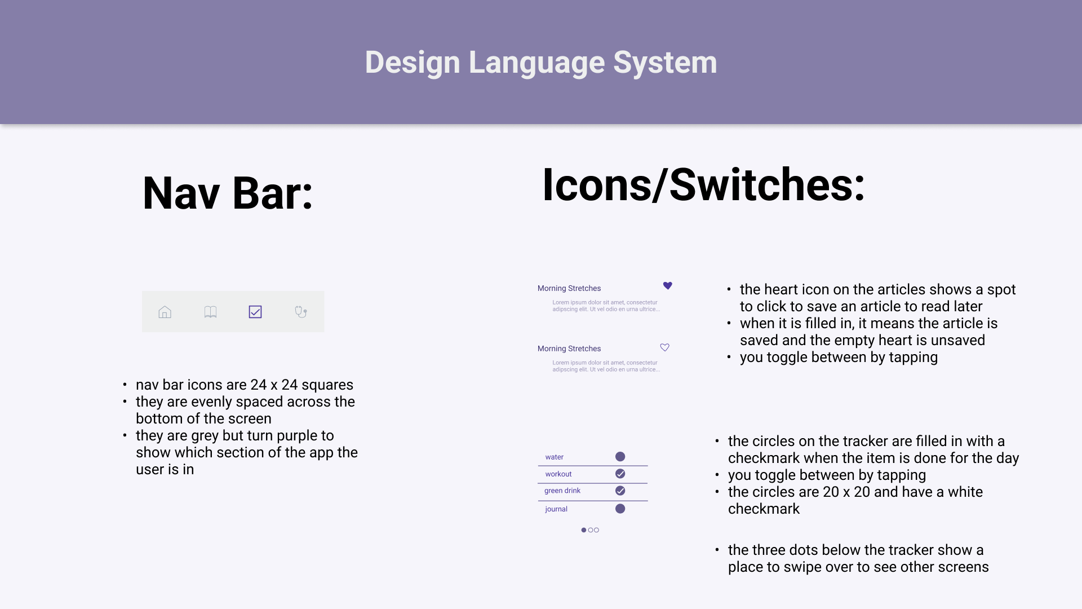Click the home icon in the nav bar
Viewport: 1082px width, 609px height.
click(165, 312)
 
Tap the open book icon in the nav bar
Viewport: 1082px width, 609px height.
click(210, 312)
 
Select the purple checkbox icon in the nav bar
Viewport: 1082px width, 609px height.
click(255, 312)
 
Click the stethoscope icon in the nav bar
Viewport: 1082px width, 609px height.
click(301, 312)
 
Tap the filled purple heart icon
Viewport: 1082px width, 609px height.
click(668, 286)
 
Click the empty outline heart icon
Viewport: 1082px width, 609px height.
click(665, 347)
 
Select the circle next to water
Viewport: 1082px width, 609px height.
click(620, 457)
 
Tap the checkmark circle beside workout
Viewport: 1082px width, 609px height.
click(620, 474)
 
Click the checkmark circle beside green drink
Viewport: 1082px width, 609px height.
click(620, 491)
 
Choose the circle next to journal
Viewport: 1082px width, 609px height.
click(620, 509)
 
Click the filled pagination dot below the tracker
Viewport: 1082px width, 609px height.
click(584, 530)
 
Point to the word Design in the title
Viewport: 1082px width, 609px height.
click(413, 63)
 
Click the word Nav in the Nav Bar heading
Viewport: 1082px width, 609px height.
click(181, 193)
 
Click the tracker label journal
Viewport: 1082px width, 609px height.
click(556, 509)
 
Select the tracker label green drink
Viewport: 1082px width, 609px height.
click(562, 491)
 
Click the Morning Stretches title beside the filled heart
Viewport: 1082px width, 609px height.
click(569, 288)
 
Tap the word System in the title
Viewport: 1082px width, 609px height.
click(665, 63)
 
